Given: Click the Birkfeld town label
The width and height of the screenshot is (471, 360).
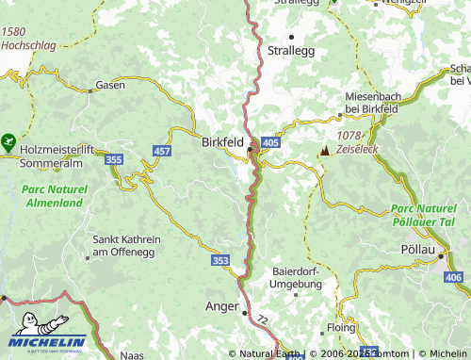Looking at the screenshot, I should (x=222, y=142).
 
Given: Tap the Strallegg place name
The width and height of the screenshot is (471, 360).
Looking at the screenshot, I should (x=290, y=49).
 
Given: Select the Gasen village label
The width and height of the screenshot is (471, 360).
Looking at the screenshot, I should (x=109, y=86).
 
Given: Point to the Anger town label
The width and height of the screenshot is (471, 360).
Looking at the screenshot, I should (x=220, y=306).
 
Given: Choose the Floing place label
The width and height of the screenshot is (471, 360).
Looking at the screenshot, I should (x=341, y=328).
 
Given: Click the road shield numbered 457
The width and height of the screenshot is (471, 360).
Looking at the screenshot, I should (x=161, y=151).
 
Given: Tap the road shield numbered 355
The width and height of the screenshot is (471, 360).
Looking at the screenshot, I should (x=114, y=160).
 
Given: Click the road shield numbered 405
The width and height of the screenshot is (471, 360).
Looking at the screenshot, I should (x=271, y=141).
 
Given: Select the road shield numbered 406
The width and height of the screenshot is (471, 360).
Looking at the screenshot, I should (x=453, y=276).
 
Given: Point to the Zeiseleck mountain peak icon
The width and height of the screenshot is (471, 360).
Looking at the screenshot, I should (x=325, y=151).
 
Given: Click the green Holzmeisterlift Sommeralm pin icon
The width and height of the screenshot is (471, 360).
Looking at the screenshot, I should (x=8, y=144).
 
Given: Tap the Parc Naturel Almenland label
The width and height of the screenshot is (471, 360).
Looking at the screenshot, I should (x=53, y=195).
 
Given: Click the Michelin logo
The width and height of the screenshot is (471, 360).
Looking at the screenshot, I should (x=49, y=332).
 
